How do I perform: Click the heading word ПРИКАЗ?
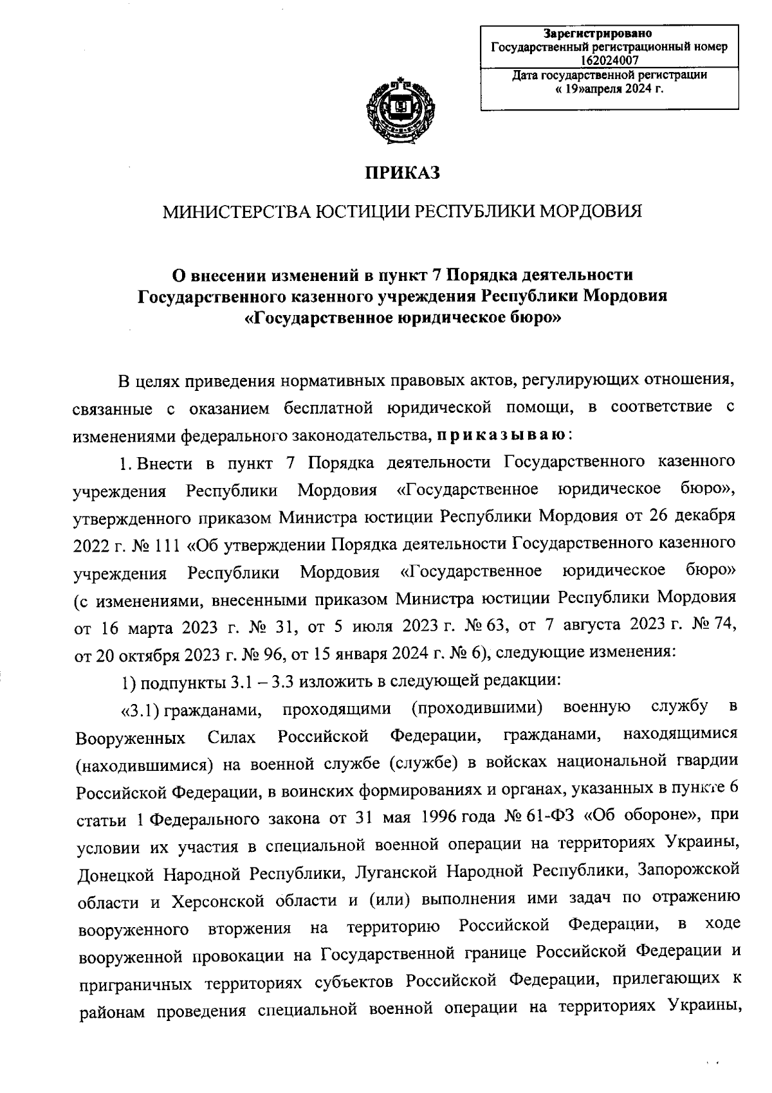pyautogui.click(x=402, y=172)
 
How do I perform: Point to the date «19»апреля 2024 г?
pyautogui.click(x=609, y=87)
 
